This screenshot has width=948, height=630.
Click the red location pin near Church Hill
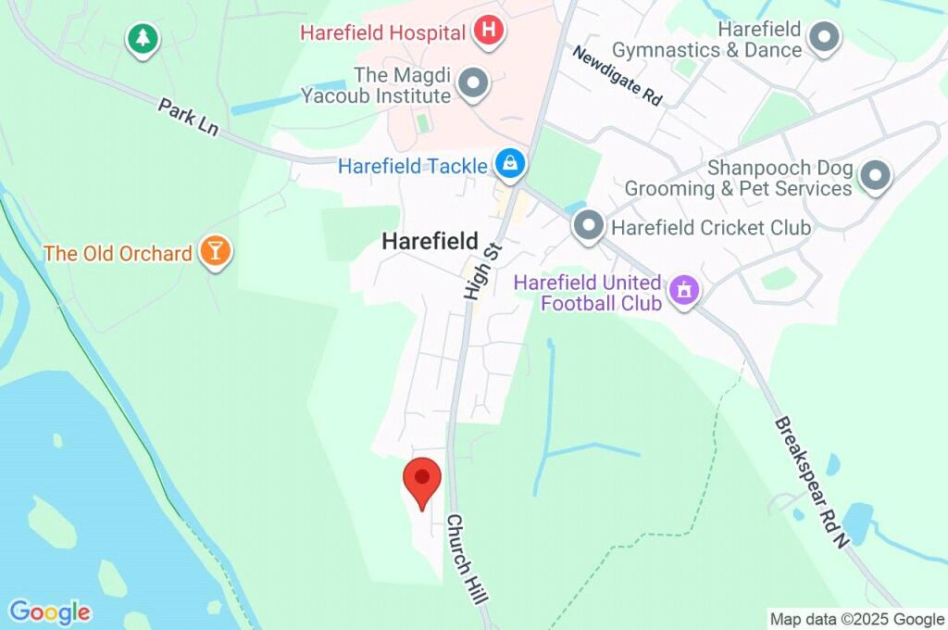click(x=422, y=480)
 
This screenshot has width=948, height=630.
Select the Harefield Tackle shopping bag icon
click(x=509, y=166)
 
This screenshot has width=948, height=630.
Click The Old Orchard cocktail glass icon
click(x=215, y=252)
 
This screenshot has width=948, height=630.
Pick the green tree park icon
click(x=143, y=39)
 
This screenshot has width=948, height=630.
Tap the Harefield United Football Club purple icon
click(x=684, y=290)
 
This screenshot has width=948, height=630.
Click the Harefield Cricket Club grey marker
click(x=588, y=226)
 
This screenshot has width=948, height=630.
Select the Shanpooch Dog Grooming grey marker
click(x=875, y=175)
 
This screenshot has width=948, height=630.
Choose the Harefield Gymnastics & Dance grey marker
click(x=823, y=38)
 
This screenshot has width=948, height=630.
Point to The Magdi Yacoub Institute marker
click(x=474, y=84)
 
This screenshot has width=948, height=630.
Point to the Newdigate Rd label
click(x=617, y=76)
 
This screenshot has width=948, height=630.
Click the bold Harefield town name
click(x=430, y=242)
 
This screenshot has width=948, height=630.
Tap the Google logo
click(x=50, y=612)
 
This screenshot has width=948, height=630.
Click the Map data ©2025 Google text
click(x=856, y=619)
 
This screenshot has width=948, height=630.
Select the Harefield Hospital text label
click(x=382, y=33)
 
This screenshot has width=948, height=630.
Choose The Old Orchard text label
click(x=118, y=253)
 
